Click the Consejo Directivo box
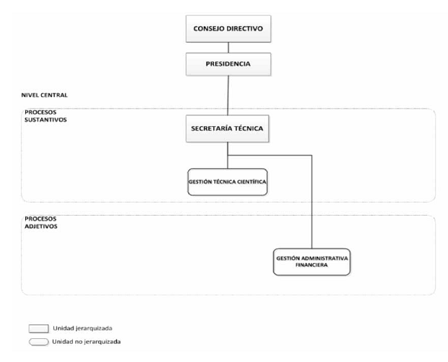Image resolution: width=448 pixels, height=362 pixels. click(228, 29)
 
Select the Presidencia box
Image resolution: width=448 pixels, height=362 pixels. click(228, 64)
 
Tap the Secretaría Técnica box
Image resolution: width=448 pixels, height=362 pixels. click(228, 128)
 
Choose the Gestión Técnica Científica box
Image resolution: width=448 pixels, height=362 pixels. click(228, 182)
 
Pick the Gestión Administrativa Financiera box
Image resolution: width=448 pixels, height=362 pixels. click(312, 262)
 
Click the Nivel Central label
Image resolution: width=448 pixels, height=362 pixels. click(45, 95)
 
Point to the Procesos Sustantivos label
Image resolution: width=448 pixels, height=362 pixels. click(45, 116)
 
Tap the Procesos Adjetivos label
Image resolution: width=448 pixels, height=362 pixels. click(41, 223)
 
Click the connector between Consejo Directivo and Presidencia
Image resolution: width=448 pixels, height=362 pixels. click(228, 48)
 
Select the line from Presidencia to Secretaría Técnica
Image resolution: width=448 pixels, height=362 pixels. click(228, 95)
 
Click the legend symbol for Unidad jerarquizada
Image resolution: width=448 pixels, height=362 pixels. click(39, 329)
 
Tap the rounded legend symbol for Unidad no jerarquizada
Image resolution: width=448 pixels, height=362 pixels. click(39, 342)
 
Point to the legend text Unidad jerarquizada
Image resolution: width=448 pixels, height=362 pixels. click(83, 328)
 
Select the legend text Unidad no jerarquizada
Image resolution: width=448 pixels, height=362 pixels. click(86, 342)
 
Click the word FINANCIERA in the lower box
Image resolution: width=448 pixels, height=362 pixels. click(311, 265)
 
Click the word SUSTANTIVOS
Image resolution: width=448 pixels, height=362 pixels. click(45, 120)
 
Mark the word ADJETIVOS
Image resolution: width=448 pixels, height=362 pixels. click(41, 226)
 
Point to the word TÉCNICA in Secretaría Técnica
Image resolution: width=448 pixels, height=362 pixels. click(248, 128)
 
